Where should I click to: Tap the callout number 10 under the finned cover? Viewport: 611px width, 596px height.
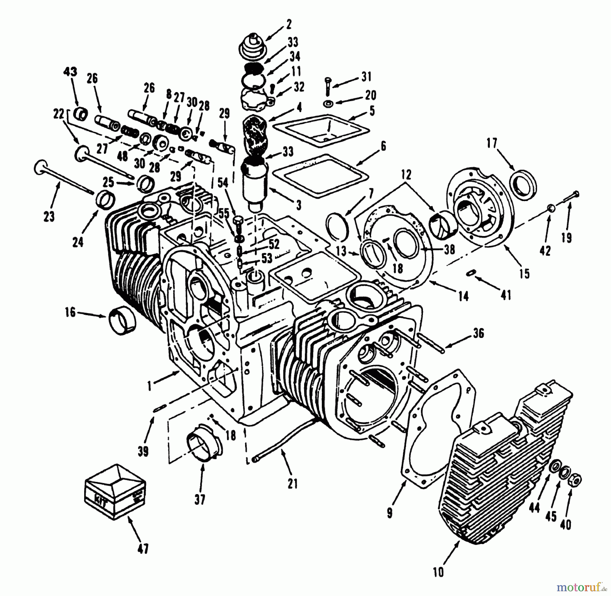pyautogui.click(x=439, y=572)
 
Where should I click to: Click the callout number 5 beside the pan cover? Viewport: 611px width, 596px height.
pyautogui.click(x=372, y=111)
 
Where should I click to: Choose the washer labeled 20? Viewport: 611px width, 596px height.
pyautogui.click(x=327, y=103)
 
